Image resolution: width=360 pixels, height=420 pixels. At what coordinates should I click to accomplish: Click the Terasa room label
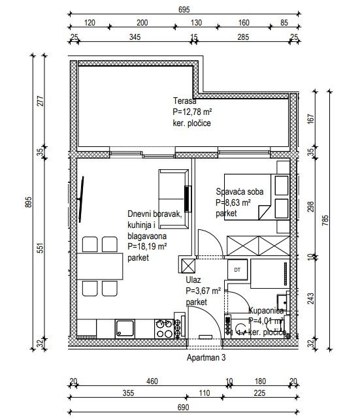pos(184,101)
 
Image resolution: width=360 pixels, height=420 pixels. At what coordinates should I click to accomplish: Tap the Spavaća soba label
pos(240,191)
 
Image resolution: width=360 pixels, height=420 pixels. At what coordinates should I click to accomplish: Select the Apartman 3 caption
pos(206,357)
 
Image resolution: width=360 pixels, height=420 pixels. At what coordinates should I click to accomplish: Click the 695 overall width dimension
pos(184,10)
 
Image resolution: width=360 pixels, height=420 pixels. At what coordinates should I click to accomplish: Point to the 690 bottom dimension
pos(183,408)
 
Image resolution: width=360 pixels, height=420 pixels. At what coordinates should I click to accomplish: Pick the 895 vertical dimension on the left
pos(28,202)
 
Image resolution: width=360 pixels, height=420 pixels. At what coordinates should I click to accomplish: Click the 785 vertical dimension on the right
pos(325,220)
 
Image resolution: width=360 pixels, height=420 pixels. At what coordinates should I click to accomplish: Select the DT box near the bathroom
pos(237,270)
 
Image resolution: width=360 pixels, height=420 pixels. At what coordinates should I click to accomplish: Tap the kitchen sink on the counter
pos(125,328)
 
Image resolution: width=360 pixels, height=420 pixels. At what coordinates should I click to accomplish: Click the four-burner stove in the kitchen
pos(164,329)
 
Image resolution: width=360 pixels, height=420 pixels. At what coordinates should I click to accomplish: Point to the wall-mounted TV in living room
pos(80,199)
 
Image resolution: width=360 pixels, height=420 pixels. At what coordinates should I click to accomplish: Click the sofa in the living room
pos(174,199)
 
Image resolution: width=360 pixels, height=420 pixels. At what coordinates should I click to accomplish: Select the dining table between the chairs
pos(100,267)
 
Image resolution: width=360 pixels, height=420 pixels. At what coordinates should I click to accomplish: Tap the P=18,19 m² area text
pos(147,246)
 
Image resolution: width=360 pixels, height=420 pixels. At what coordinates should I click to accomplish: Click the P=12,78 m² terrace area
pos(192,112)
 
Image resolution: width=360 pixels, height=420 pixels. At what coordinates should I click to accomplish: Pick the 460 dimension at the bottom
pos(152,381)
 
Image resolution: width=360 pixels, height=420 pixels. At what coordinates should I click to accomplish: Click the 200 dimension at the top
pos(142,23)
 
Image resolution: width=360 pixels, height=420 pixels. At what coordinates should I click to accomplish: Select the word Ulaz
pos(193,280)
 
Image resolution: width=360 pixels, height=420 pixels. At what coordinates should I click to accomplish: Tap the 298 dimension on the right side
pos(311,207)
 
